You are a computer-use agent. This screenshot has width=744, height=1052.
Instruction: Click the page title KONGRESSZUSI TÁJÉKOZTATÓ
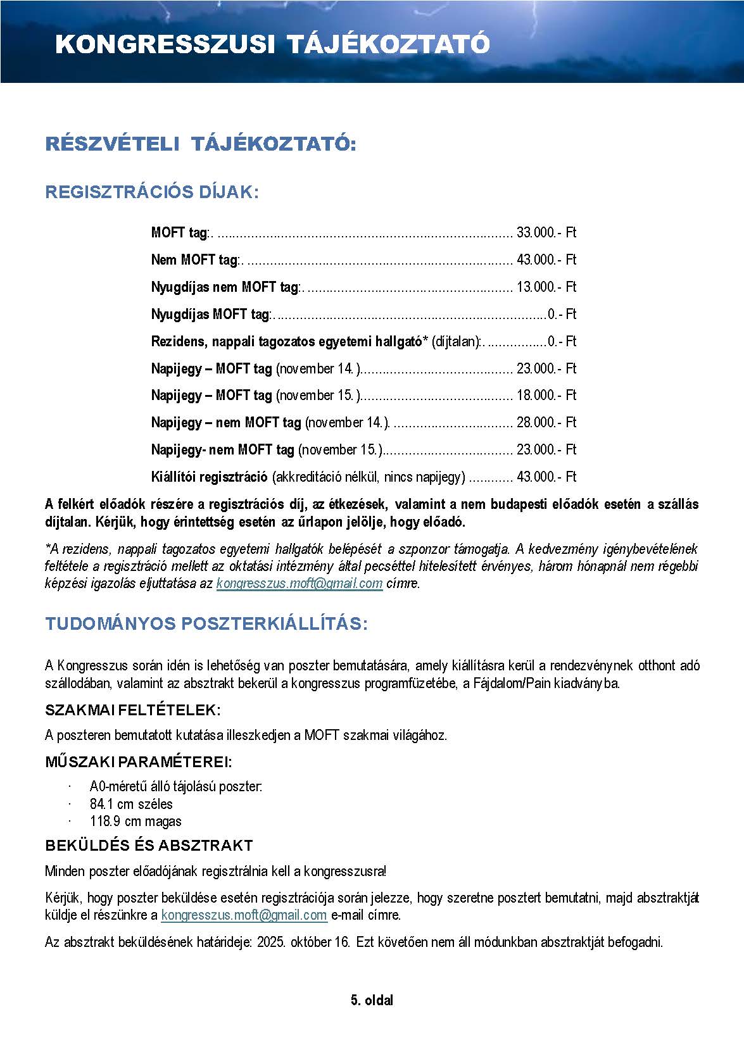[x=272, y=44]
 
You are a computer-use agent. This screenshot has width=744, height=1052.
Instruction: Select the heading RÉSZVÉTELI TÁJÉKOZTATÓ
[x=201, y=144]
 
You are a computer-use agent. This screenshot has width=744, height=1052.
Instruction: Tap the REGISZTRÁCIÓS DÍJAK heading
[x=152, y=192]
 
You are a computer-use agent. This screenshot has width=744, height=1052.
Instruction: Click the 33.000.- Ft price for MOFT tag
[x=546, y=232]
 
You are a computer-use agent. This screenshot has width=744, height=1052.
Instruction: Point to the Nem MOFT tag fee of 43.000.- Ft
[x=546, y=260]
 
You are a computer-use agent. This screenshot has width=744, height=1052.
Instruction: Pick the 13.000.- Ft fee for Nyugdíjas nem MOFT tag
[x=546, y=287]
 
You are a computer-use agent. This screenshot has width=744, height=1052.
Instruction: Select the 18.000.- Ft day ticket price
[x=546, y=395]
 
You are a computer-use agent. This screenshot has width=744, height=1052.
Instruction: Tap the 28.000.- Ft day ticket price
[x=546, y=422]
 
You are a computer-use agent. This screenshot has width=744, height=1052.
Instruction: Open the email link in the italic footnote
[x=299, y=583]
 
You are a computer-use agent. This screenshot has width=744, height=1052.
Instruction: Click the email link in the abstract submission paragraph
[x=244, y=915]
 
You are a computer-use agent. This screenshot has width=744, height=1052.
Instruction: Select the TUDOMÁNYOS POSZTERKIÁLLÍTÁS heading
[x=206, y=624]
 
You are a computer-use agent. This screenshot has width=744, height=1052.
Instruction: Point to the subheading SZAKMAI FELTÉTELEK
[x=133, y=710]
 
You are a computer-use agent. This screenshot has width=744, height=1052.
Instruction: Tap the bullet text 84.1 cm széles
[x=131, y=804]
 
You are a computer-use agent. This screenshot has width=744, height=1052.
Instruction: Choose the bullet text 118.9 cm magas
[x=136, y=822]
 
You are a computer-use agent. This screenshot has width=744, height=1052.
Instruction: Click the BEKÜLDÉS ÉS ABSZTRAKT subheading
[x=149, y=846]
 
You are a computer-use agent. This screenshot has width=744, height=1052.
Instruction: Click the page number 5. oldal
[x=372, y=1001]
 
